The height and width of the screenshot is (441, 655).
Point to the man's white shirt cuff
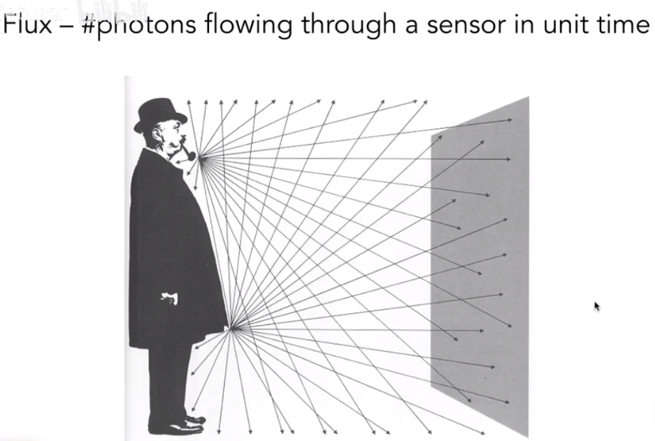[169, 298]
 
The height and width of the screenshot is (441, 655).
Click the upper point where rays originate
[201, 158]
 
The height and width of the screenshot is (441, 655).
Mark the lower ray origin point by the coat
[231, 327]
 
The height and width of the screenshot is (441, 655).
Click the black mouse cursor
[597, 306]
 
